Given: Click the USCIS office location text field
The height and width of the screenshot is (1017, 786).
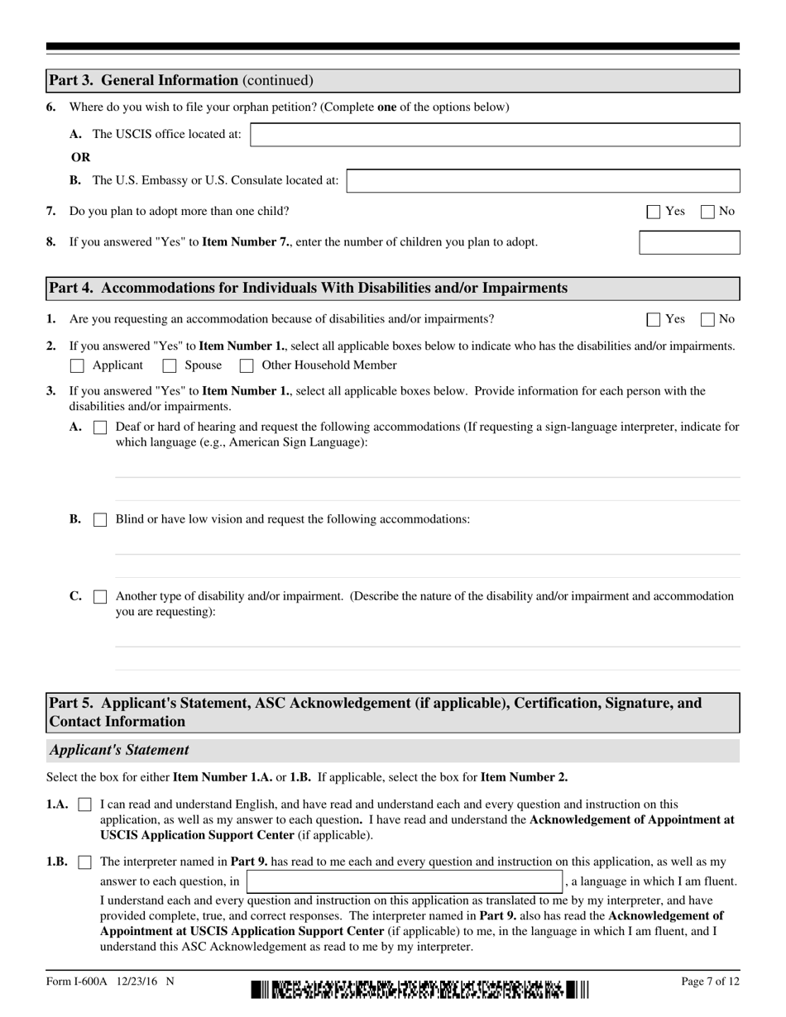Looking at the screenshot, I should pyautogui.click(x=495, y=135).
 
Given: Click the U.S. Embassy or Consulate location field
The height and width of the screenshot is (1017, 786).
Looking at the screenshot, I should pyautogui.click(x=543, y=181).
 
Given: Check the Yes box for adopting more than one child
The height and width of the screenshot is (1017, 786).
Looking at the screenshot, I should pyautogui.click(x=654, y=212).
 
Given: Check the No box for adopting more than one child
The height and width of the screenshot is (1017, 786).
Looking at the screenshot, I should pyautogui.click(x=708, y=212).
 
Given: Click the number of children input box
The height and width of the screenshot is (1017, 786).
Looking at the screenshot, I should pyautogui.click(x=689, y=242).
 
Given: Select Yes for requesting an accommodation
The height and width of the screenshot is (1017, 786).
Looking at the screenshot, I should pyautogui.click(x=654, y=319).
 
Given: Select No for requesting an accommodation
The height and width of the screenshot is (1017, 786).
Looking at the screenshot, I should pyautogui.click(x=708, y=319).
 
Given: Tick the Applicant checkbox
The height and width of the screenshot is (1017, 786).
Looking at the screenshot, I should pyautogui.click(x=78, y=365).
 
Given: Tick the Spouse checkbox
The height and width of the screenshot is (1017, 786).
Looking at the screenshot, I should pyautogui.click(x=170, y=365).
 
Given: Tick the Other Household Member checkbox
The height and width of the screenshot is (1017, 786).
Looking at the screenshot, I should pyautogui.click(x=247, y=365).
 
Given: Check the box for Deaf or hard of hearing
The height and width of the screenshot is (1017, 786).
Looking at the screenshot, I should pyautogui.click(x=100, y=427).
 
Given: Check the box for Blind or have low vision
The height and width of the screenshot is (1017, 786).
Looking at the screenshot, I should pyautogui.click(x=100, y=520).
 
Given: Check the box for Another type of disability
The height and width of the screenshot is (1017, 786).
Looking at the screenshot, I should pyautogui.click(x=100, y=596).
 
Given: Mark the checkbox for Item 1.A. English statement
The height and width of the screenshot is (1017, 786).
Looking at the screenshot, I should pyautogui.click(x=84, y=805).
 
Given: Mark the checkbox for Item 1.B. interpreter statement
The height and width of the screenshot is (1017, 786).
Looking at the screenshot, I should pyautogui.click(x=84, y=862).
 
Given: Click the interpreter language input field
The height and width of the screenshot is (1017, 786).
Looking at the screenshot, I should pyautogui.click(x=405, y=881).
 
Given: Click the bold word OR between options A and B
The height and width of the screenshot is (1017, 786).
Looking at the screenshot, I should pyautogui.click(x=80, y=157).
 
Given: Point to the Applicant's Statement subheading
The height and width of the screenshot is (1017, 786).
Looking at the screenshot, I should pyautogui.click(x=119, y=751).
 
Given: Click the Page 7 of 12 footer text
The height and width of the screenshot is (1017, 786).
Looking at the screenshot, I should pyautogui.click(x=710, y=981).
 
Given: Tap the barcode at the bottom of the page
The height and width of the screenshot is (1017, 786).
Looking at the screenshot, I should pyautogui.click(x=419, y=989).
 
